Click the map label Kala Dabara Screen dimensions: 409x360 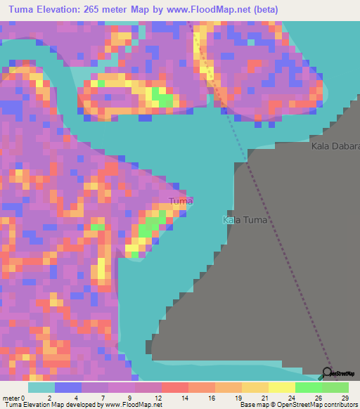(335, 147)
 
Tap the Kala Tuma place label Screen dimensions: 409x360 (246, 220)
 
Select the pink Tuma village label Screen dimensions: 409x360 (181, 202)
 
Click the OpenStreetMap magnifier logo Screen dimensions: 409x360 (328, 372)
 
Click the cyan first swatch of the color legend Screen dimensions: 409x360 (41, 387)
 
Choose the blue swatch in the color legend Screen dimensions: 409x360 (68, 387)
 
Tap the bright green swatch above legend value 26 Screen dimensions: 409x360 (309, 387)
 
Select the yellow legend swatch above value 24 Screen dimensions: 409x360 (282, 387)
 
